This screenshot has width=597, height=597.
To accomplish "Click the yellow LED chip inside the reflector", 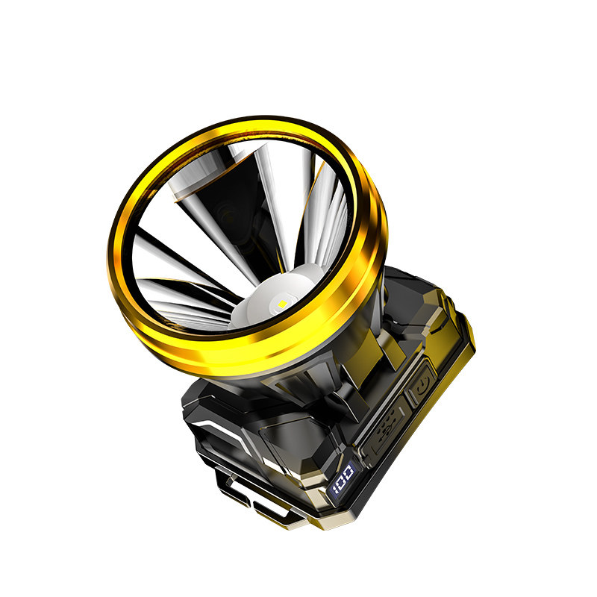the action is coord(282,304).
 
